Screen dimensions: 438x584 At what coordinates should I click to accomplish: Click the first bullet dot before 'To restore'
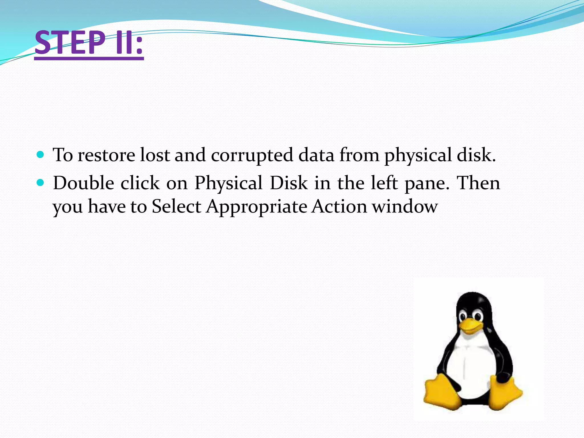coord(40,155)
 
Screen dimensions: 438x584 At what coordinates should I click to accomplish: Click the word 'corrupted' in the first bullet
coord(252,156)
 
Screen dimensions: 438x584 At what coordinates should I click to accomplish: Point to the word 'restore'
coord(106,156)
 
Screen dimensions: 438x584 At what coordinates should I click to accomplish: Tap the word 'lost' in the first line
coord(155,156)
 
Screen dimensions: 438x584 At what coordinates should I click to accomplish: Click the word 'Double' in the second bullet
coord(84,183)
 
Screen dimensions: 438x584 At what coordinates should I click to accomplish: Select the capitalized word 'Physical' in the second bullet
coord(228,184)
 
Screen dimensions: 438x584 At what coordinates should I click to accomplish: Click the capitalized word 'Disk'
coord(289,183)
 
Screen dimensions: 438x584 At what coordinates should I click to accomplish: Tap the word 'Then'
coord(478,183)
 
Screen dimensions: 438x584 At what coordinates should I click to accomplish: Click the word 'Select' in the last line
coord(176,206)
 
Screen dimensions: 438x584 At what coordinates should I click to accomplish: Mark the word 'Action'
coord(339,206)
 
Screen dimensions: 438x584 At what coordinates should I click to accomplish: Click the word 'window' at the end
coord(405,206)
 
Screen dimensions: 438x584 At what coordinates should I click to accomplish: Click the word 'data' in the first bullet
coord(316,156)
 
